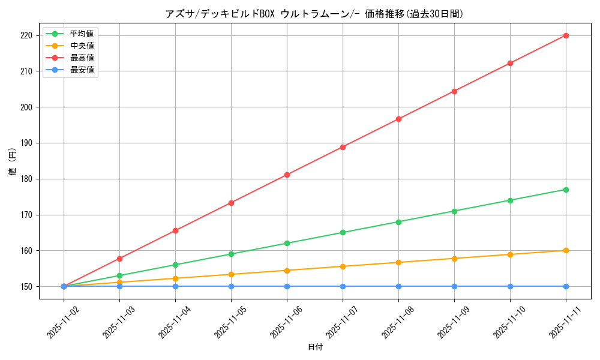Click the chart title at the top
314,14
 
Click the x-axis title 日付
315,347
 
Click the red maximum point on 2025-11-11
566,35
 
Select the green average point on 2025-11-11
566,190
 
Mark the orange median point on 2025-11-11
566,250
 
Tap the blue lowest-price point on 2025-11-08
398,286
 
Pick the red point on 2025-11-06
287,175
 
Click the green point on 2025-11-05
231,254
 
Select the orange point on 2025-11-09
454,259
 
